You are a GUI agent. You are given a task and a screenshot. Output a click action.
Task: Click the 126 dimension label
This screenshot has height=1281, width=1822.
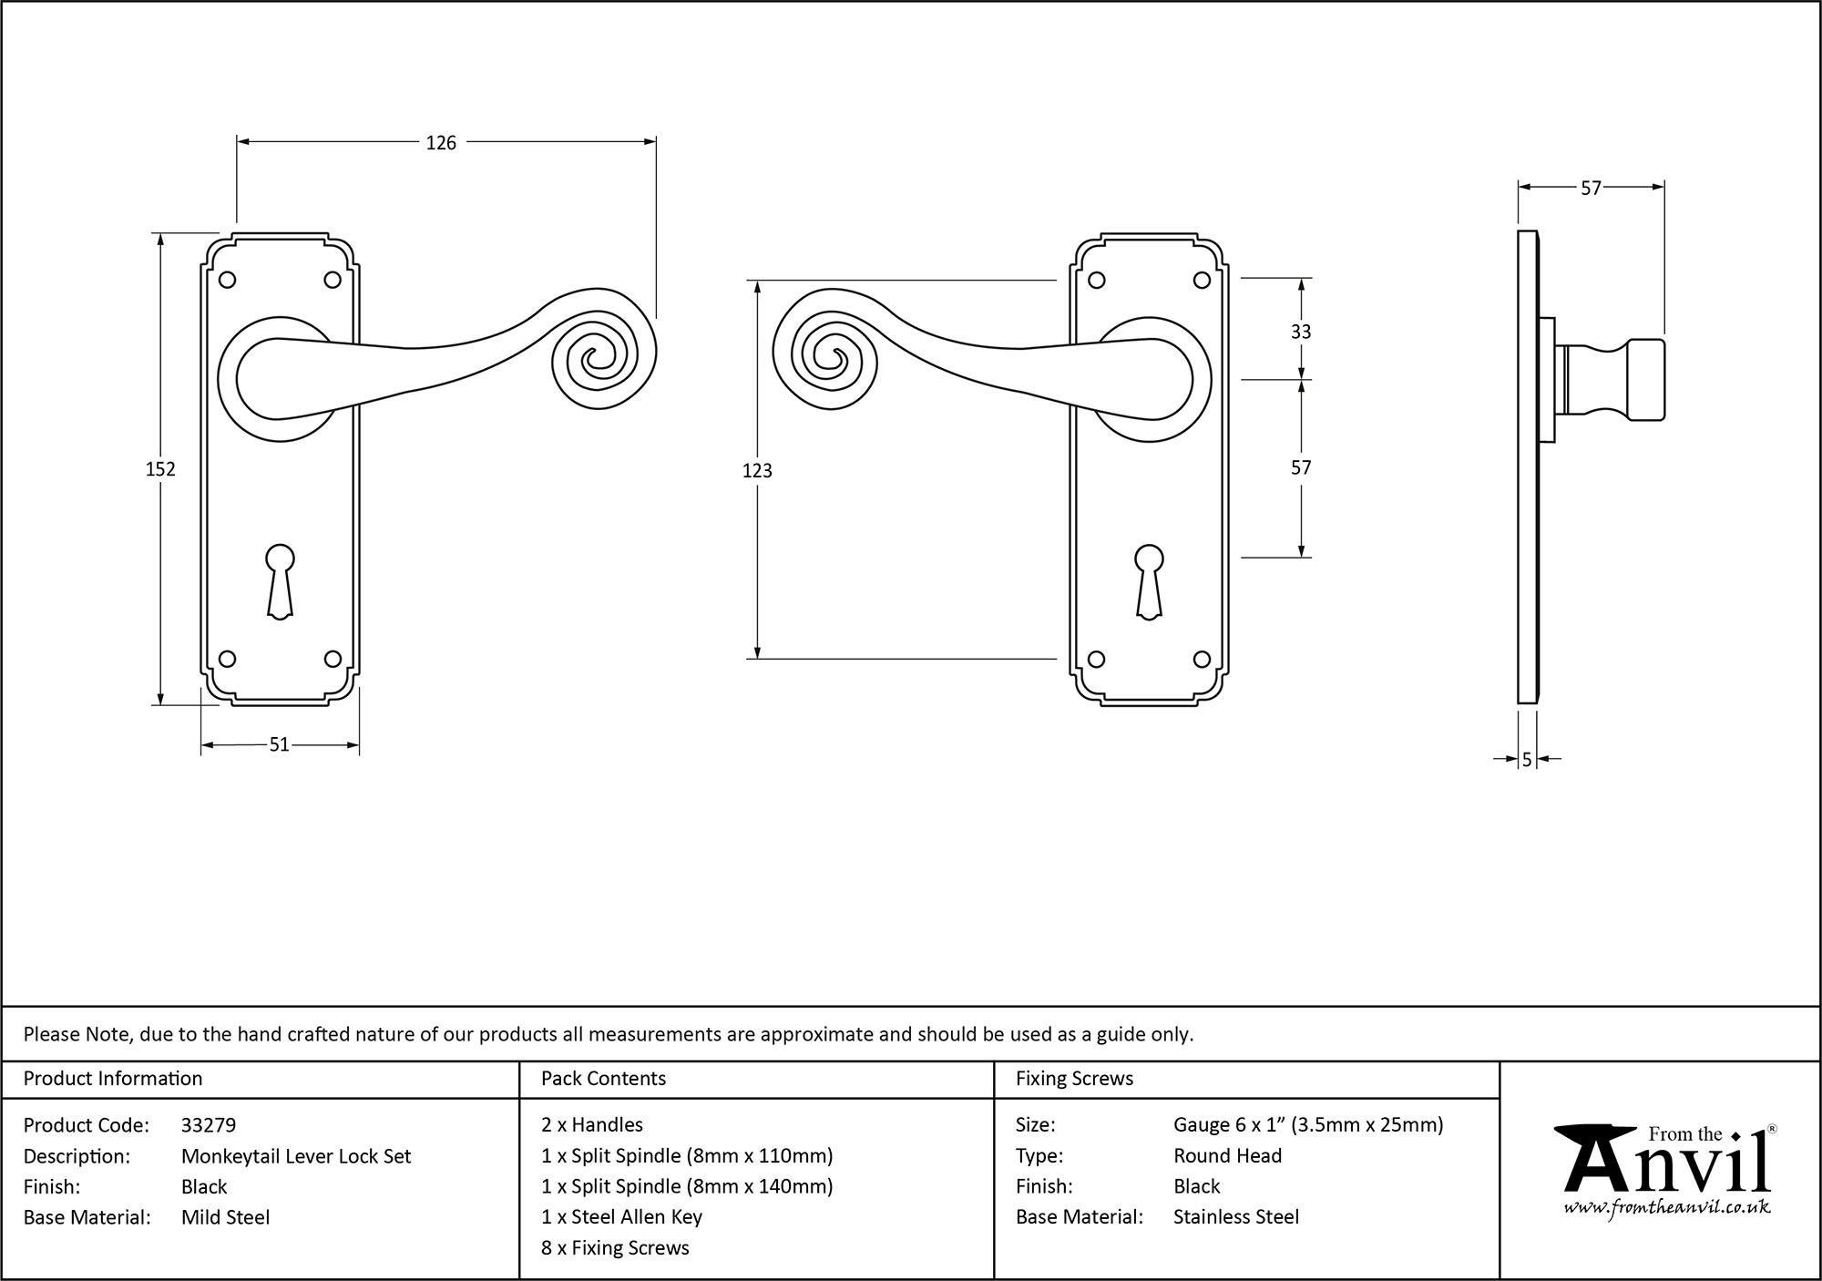click(x=441, y=143)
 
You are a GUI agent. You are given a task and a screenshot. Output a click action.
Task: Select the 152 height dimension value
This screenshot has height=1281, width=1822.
click(x=160, y=469)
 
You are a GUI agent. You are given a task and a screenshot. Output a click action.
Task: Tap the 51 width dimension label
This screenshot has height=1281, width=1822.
click(x=279, y=745)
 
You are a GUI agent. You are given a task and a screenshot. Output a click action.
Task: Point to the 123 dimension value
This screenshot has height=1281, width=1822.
click(x=757, y=470)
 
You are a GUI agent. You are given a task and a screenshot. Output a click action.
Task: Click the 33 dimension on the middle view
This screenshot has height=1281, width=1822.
click(x=1301, y=332)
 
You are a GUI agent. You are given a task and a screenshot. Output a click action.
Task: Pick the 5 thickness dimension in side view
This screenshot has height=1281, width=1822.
click(x=1527, y=759)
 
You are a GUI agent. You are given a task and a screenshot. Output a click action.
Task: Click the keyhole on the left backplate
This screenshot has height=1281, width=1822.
click(x=280, y=581)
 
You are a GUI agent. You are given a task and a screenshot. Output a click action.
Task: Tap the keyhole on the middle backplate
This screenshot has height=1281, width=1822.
click(x=1149, y=581)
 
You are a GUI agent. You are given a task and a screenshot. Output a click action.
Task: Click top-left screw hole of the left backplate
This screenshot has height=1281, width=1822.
click(x=228, y=280)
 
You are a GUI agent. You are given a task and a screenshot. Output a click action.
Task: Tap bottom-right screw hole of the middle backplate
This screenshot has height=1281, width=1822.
click(x=1202, y=659)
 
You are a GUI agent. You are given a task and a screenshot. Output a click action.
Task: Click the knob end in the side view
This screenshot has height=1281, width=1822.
click(x=1645, y=380)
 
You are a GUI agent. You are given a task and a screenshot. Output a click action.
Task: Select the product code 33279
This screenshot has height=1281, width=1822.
click(x=209, y=1125)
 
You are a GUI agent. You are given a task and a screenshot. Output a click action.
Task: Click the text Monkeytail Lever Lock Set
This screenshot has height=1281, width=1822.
click(x=296, y=1156)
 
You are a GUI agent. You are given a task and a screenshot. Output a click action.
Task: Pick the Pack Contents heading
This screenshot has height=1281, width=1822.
click(x=603, y=1079)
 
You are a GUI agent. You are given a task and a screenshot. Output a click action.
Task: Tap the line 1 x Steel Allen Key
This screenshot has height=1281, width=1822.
click(x=621, y=1217)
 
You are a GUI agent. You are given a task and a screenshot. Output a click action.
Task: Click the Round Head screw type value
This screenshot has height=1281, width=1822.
click(x=1227, y=1156)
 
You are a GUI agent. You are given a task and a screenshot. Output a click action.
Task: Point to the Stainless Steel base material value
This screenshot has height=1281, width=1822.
click(x=1236, y=1217)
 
